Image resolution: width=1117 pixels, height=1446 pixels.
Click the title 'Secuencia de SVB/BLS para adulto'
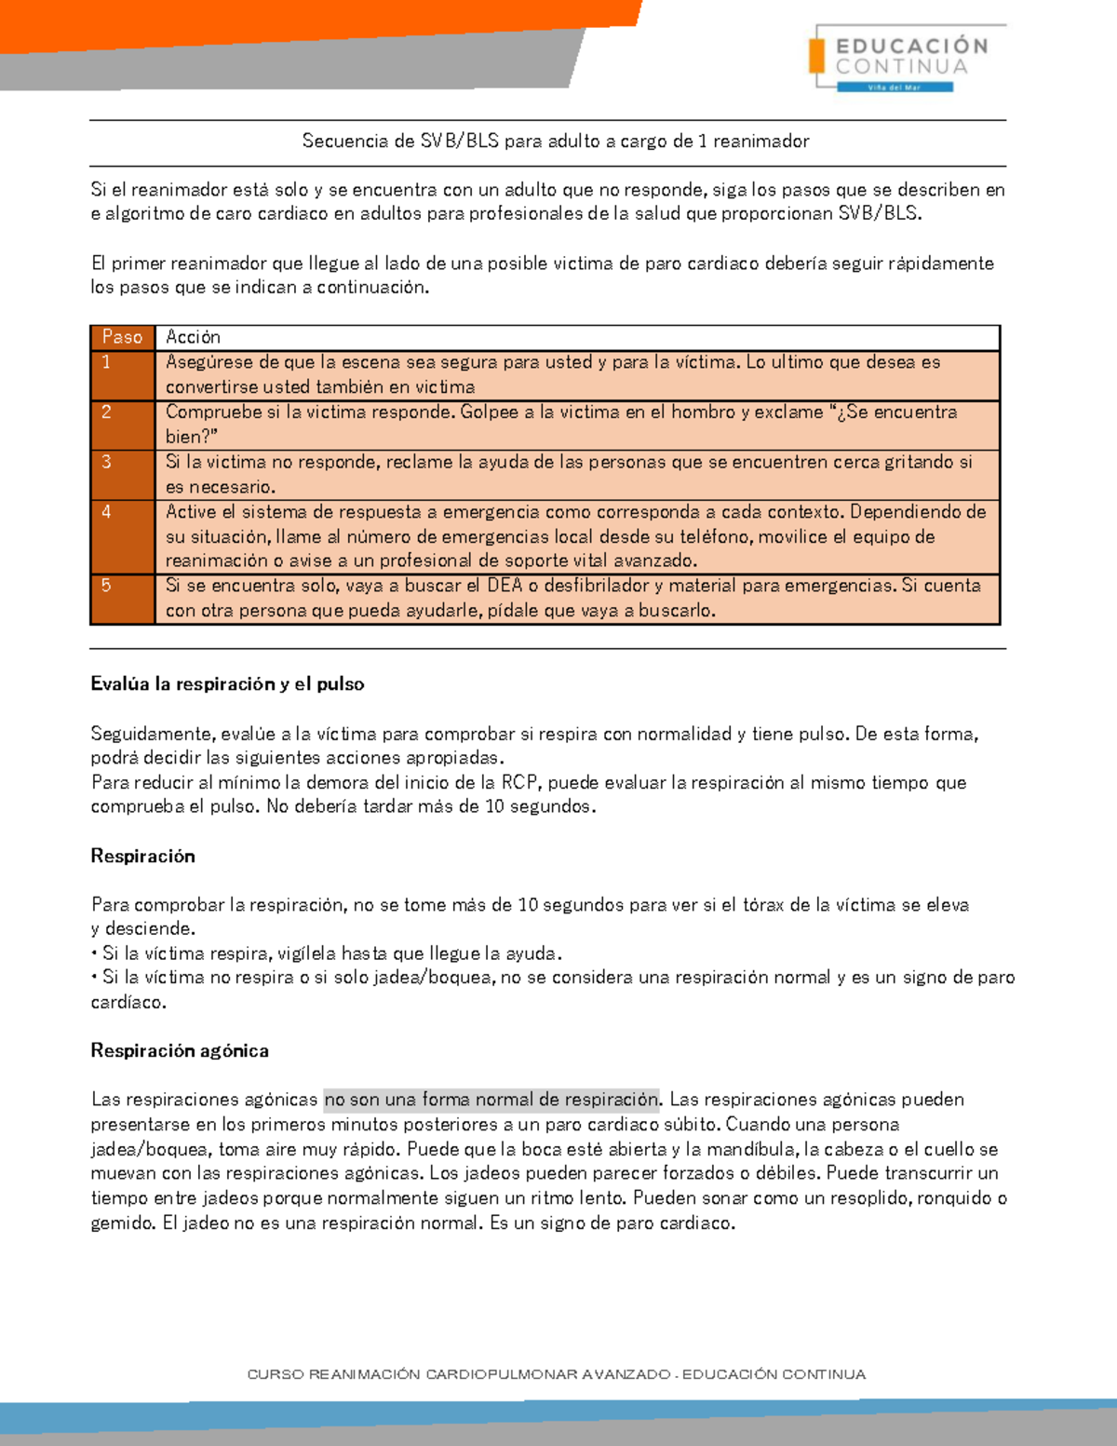coord(556,142)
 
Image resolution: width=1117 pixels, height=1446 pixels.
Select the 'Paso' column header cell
coord(122,337)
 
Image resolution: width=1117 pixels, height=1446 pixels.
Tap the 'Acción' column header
coord(194,337)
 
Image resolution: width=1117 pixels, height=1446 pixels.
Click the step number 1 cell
coord(122,374)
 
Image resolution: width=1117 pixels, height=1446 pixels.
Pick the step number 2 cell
coord(122,425)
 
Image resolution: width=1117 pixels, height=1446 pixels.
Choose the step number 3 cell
coord(122,474)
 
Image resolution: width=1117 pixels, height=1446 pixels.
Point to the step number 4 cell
coord(122,535)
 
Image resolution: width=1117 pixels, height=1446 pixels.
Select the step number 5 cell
coord(122,598)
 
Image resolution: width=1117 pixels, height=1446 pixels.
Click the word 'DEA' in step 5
coord(505,586)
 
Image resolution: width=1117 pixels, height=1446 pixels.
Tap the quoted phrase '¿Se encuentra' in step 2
coord(892,412)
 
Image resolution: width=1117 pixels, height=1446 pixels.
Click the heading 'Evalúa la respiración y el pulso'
coord(227,684)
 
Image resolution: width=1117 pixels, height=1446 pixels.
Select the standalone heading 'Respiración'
coord(142,857)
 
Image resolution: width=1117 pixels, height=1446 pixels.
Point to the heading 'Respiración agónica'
coord(180,1051)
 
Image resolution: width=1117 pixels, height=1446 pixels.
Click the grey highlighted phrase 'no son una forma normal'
coord(491,1100)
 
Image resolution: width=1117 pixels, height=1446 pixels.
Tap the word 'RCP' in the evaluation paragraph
coord(519,783)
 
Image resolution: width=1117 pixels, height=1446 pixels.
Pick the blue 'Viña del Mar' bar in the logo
coord(895,88)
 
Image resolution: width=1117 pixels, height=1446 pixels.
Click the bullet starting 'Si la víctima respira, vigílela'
coord(331,953)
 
